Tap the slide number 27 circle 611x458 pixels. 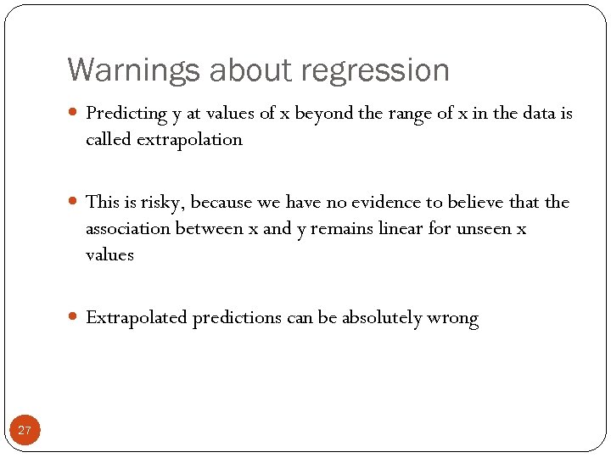[x=25, y=430]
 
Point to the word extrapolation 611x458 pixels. [x=192, y=139]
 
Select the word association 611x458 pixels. [x=128, y=229]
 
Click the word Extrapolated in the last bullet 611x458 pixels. [x=137, y=318]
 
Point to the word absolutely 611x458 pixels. [x=382, y=318]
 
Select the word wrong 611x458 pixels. [x=453, y=319]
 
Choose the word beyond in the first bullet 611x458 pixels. [x=326, y=114]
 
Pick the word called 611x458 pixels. [x=106, y=139]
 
